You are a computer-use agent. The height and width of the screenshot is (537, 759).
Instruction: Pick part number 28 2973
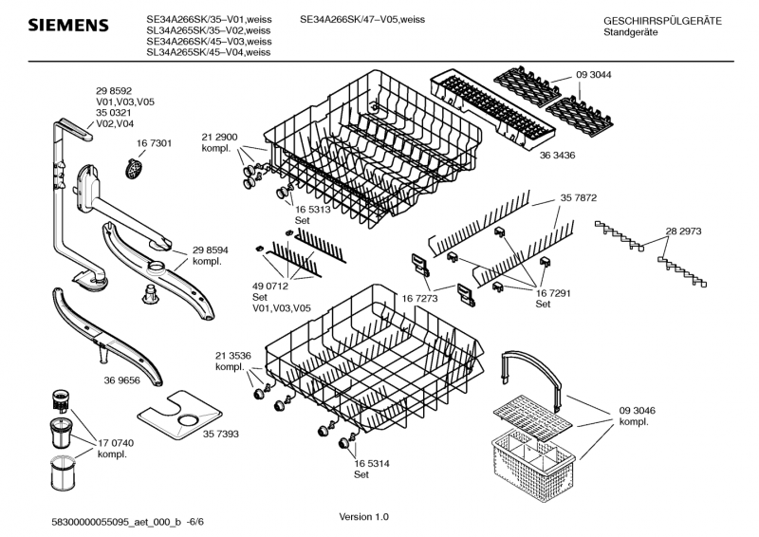point(683,231)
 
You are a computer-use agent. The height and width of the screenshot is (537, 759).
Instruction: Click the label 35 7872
point(578,198)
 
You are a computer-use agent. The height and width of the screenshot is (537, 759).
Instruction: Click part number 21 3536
point(232,356)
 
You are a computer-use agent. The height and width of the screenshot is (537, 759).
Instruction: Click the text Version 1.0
point(364,517)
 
